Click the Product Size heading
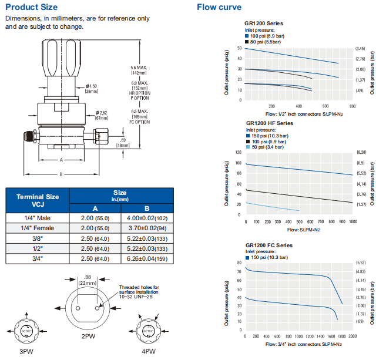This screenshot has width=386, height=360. coord(31,7)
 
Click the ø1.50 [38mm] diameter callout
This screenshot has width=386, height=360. coord(92,89)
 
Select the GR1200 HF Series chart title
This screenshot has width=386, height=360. coord(269,123)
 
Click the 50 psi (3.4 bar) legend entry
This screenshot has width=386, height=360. coord(268,147)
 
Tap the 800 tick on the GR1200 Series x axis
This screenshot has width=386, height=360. coord(353,106)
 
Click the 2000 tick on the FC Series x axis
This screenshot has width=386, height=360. coord(353,336)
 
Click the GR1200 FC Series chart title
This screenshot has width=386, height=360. coord(269,245)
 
